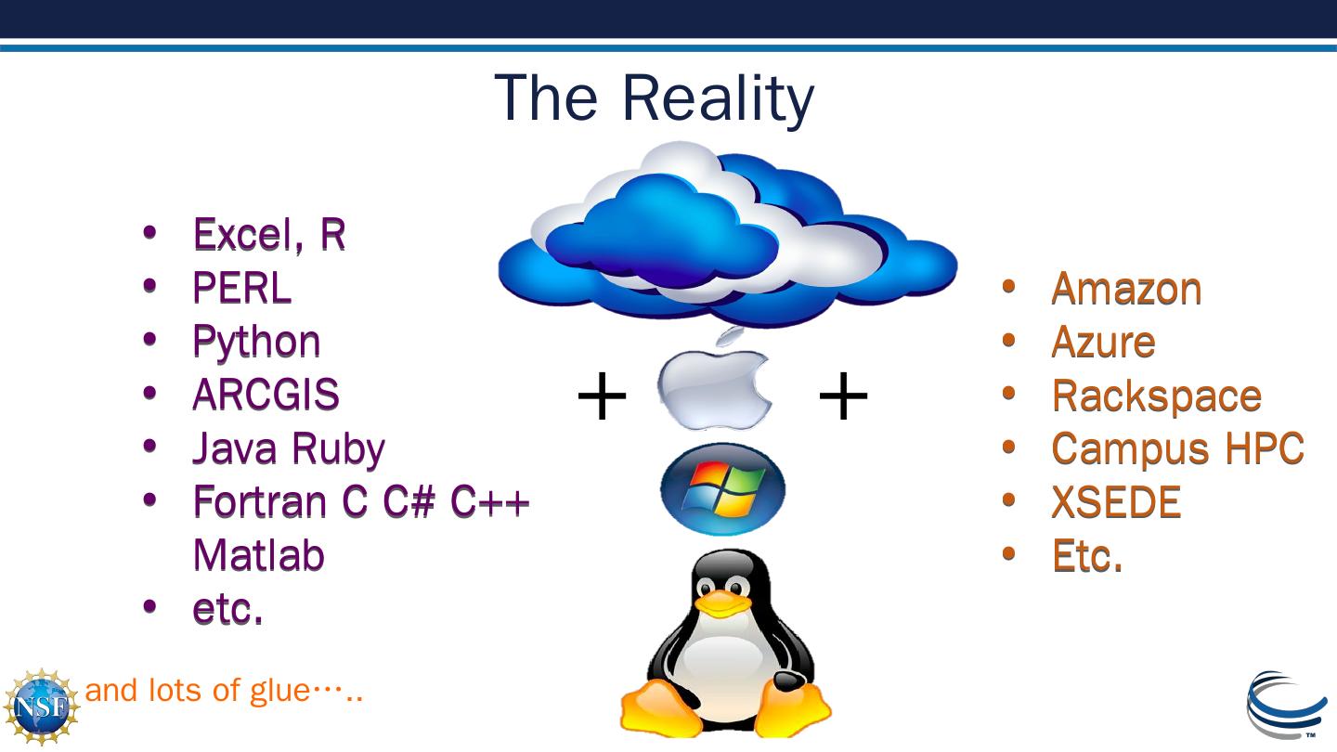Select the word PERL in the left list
[241, 288]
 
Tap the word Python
[256, 342]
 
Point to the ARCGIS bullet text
[266, 395]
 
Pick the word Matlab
[258, 555]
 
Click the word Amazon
[1126, 289]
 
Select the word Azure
[1103, 343]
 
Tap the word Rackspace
[1156, 396]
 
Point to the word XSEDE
[1116, 503]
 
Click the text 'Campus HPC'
[1177, 449]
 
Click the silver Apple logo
[715, 385]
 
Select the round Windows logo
[722, 489]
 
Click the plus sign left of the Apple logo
[602, 397]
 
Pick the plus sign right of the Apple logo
[842, 397]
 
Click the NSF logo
[40, 706]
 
